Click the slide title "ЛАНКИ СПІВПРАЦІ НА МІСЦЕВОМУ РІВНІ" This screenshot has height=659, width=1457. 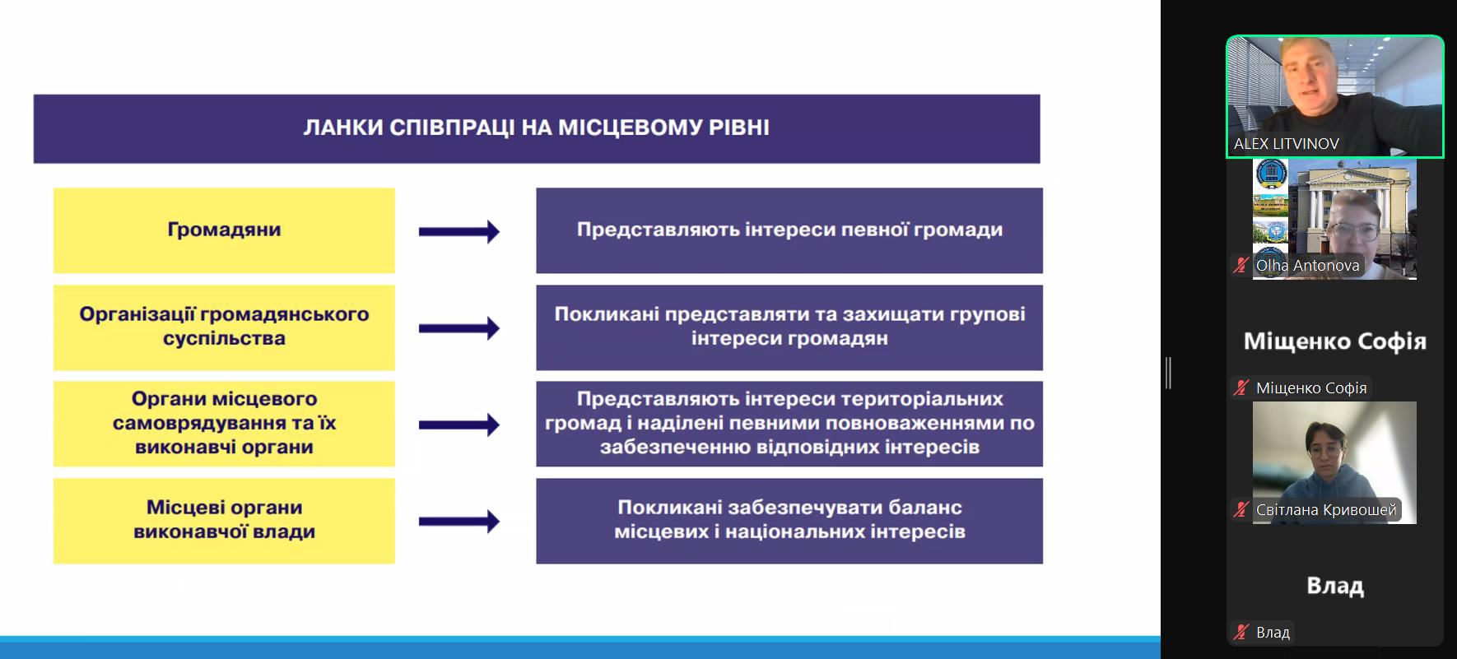coord(537,128)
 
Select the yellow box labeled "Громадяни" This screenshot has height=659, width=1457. coord(224,230)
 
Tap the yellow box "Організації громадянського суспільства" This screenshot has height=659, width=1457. coord(224,327)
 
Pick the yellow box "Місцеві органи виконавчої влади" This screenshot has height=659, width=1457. coord(224,521)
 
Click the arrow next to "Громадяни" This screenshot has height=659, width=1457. coord(459,232)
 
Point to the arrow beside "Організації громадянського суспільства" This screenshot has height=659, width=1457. coord(459,328)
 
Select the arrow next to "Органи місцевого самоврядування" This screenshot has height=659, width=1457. coord(459,425)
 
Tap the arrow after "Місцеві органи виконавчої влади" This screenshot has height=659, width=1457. coord(459,521)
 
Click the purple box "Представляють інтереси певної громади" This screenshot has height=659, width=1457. coord(789,230)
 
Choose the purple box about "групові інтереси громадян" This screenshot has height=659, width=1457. coord(789,327)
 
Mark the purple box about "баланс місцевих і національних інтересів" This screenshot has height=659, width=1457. coord(789,521)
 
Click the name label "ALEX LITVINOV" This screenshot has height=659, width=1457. coord(1286,143)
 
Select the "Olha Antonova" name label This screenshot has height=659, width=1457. coord(1307,266)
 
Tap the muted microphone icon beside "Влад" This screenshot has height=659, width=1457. coord(1241,632)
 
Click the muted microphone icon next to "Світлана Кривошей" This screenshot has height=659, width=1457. coord(1241,509)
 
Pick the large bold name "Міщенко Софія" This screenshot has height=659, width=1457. coord(1334,341)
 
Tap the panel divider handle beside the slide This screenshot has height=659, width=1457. coord(1168,373)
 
